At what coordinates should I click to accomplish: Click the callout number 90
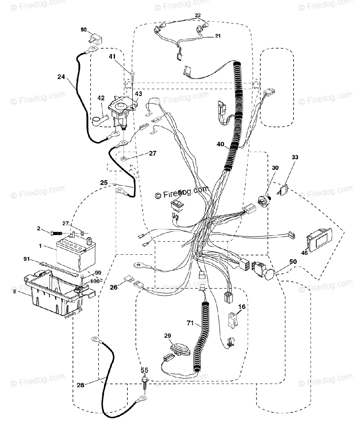(83, 30)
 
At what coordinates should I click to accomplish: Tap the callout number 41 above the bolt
(113, 56)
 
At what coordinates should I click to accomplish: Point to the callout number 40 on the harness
(221, 144)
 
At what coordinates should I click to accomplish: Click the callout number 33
(295, 157)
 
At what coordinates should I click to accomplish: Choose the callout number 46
(305, 253)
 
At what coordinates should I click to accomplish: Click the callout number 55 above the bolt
(144, 370)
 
